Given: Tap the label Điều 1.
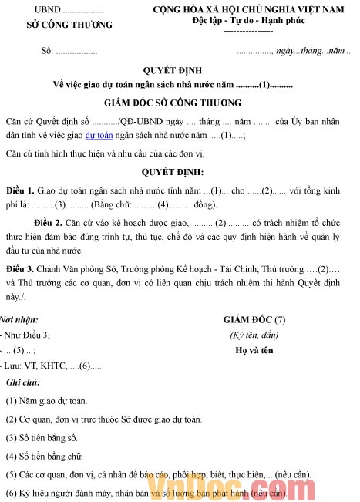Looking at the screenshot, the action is click(x=19, y=190).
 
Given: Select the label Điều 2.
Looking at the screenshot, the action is click(x=49, y=222).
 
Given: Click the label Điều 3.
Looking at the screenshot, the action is click(x=19, y=269).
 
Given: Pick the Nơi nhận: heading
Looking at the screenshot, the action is click(x=19, y=319).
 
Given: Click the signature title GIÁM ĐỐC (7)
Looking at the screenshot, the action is click(x=254, y=319).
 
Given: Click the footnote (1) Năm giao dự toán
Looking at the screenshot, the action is click(x=46, y=401).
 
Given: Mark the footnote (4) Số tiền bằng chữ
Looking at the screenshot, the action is click(x=45, y=456).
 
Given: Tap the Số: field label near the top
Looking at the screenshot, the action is click(x=49, y=51).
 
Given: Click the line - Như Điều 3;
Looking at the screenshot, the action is click(x=27, y=335).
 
